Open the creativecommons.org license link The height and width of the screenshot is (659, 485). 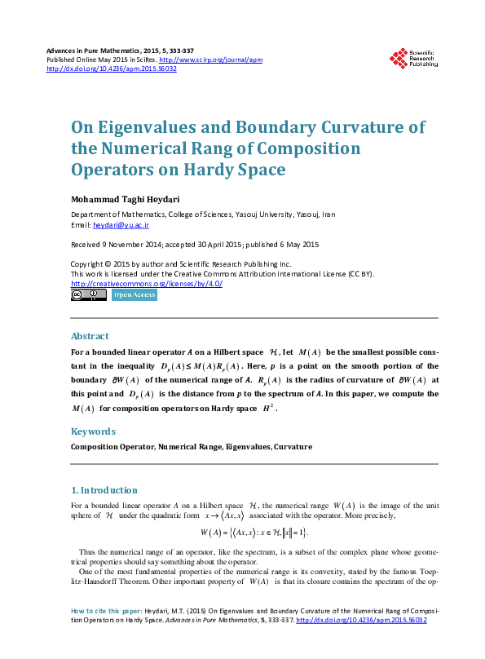[x=147, y=283]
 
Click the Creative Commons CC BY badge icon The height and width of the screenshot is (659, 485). [x=88, y=295]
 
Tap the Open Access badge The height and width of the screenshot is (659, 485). [x=134, y=295]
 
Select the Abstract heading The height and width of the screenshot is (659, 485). [x=90, y=336]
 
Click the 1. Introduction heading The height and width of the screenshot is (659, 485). [x=104, y=490]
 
